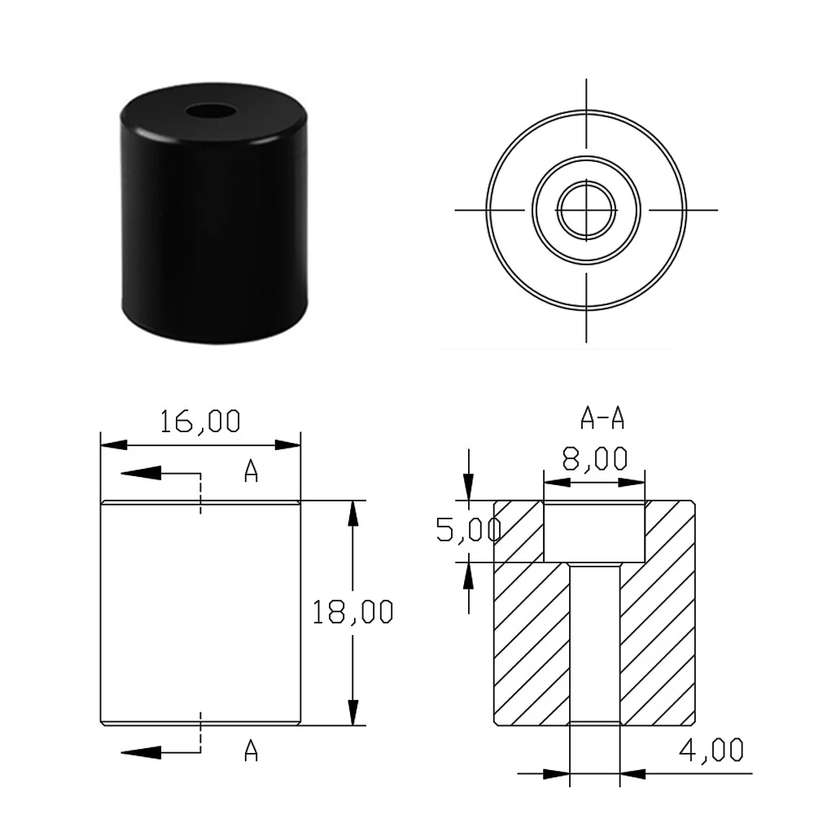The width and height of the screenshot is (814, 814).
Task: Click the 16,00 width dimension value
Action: [200, 422]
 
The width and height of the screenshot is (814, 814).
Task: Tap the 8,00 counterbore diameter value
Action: [595, 458]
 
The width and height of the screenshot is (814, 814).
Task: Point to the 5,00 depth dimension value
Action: [468, 530]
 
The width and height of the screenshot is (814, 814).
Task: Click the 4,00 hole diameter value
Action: [711, 751]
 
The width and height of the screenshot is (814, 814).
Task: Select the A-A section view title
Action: [602, 418]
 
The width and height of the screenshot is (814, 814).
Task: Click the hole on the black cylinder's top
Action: [211, 111]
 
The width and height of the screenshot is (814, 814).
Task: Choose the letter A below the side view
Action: [252, 751]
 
